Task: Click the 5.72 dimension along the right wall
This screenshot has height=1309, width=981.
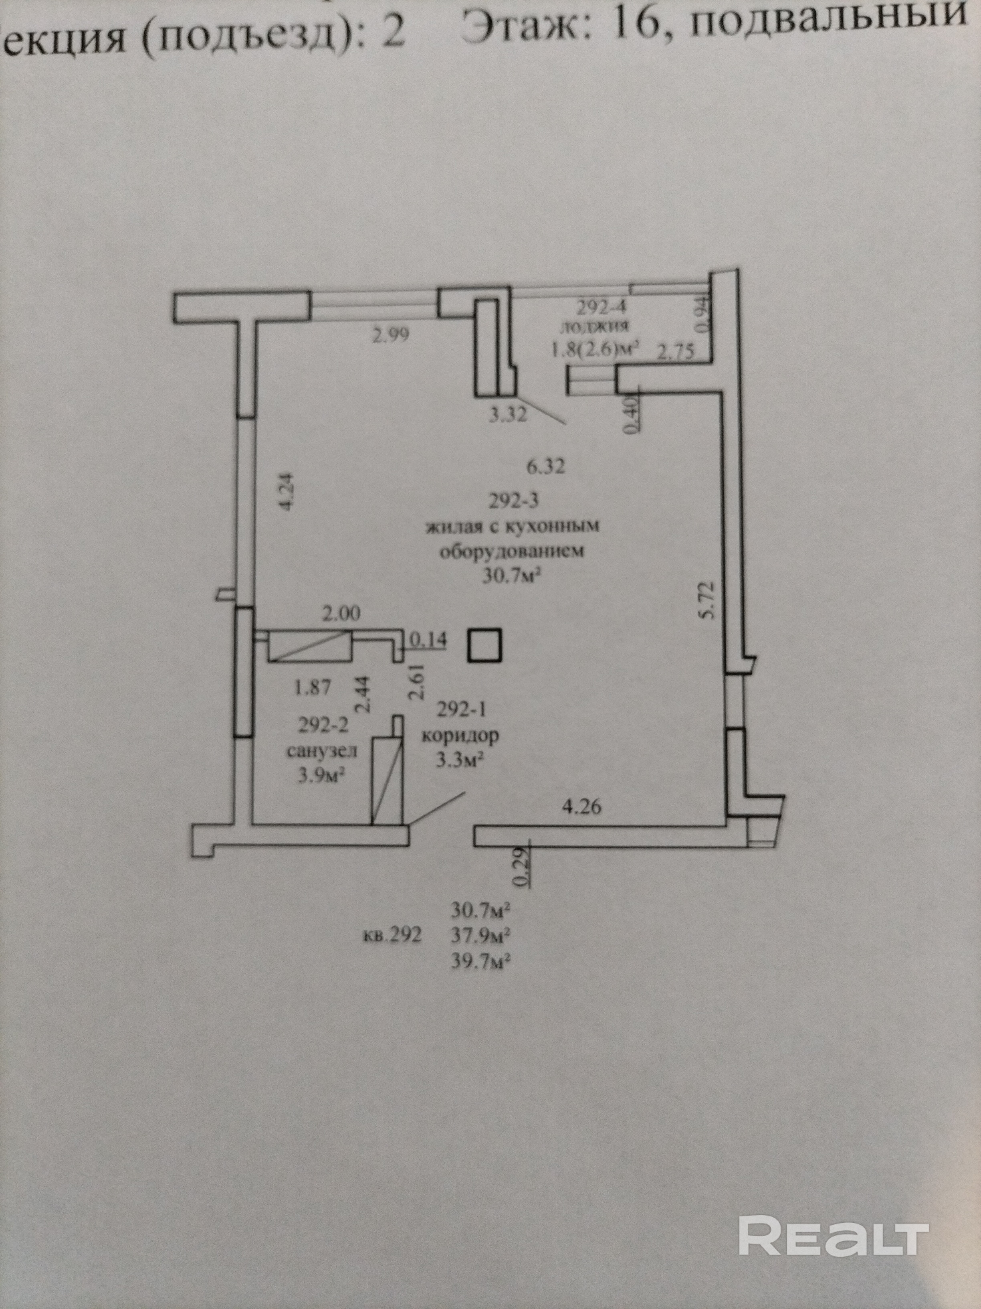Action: pos(706,600)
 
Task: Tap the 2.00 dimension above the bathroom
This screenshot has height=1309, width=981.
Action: pos(340,614)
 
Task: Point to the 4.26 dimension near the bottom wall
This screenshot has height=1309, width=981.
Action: pos(581,806)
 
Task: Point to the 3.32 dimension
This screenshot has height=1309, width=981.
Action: pos(507,415)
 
